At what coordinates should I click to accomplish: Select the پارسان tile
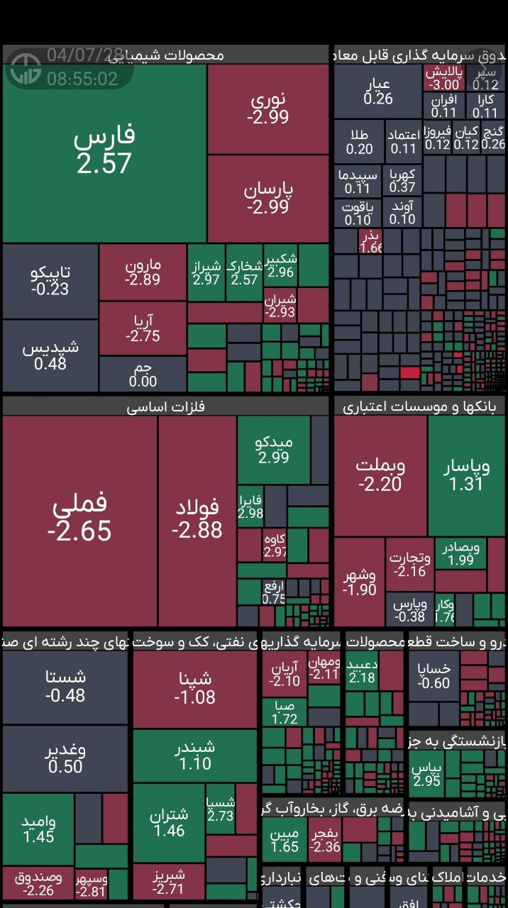coord(268,198)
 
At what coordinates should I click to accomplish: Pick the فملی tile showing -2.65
coord(79,519)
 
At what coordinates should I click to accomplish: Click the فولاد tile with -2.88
coord(197,519)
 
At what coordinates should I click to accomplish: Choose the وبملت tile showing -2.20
coord(380,475)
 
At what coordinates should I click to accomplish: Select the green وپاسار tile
coord(465,475)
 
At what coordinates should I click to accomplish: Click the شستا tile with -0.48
coord(65,686)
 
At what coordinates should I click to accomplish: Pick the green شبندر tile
coord(194,755)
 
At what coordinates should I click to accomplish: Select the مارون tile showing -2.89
coord(143,272)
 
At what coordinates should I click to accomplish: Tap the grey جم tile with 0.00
coord(143,374)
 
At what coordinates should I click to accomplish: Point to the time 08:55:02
coord(82,78)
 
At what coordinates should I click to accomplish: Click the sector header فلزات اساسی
coord(165,406)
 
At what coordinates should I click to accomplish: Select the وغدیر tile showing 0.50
coord(65,758)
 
